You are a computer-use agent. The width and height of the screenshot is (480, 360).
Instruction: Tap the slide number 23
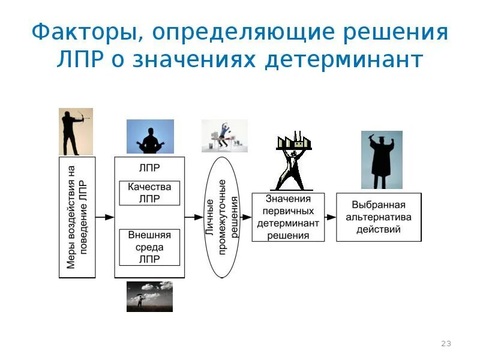click(x=446, y=344)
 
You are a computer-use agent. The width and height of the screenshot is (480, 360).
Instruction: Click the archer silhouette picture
click(x=76, y=132)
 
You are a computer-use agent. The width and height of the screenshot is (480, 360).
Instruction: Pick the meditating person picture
click(x=149, y=136)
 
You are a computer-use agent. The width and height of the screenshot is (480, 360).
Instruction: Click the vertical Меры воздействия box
click(x=77, y=217)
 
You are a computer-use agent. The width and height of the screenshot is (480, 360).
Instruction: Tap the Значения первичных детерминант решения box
click(x=288, y=217)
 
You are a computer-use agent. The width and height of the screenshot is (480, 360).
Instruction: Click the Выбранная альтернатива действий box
click(x=379, y=217)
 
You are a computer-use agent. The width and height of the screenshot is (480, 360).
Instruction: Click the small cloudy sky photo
click(x=149, y=296)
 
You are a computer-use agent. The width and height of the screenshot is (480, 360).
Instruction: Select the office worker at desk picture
click(x=224, y=136)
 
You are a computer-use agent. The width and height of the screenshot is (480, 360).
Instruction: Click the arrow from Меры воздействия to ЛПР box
click(x=105, y=217)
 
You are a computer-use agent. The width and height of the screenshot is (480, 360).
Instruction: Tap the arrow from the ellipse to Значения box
click(x=245, y=217)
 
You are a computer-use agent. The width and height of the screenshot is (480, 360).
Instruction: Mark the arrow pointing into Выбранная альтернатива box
click(x=330, y=217)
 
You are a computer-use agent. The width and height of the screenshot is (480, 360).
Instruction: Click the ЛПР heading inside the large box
click(x=149, y=168)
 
